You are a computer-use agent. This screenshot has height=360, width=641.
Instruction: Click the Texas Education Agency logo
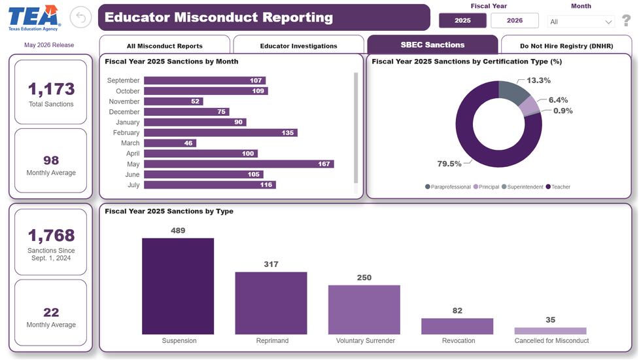pos(34,18)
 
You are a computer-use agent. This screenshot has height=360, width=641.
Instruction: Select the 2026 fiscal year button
pos(514,20)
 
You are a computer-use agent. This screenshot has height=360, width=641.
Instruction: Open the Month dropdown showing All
pos(581,22)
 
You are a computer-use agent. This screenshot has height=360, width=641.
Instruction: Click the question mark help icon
pos(626,20)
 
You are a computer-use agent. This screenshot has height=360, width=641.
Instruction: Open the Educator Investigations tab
pos(298,45)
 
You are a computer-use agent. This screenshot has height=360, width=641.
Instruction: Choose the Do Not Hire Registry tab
pos(566,45)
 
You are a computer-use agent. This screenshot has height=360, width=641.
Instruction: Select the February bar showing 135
pos(221,132)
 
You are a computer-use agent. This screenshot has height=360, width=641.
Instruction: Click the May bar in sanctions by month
pos(239,164)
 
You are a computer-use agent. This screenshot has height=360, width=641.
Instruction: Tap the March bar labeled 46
pos(170,143)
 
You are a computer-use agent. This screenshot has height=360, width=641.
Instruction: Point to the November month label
pos(124,101)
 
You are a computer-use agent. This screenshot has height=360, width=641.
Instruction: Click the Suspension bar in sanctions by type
pos(178,286)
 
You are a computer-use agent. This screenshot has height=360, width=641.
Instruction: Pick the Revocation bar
pos(457,326)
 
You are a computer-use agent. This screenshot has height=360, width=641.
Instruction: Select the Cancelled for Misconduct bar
pos(550,331)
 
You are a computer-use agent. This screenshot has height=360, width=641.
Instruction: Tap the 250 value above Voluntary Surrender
pos(364,278)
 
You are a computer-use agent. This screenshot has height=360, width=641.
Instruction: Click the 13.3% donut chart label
pos(538,80)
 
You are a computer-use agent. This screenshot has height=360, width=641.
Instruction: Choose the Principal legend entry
pos(486,187)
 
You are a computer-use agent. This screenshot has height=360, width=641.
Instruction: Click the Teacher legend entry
pos(558,187)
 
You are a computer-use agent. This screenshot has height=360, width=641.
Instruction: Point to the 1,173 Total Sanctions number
pos(51,89)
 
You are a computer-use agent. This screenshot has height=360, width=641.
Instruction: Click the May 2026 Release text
pos(49,45)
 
